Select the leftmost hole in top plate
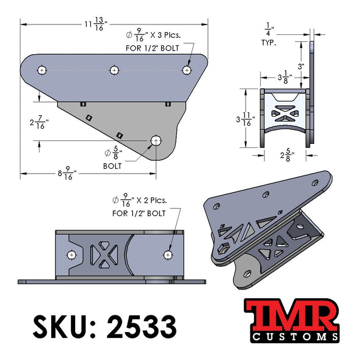pyautogui.click(x=42, y=70)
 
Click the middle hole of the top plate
pyautogui.click(x=114, y=70)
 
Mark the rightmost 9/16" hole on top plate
pyautogui.click(x=186, y=70)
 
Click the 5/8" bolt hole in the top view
pyautogui.click(x=156, y=140)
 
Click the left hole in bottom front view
pyautogui.click(x=71, y=255)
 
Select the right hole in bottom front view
pyautogui.click(x=168, y=255)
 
